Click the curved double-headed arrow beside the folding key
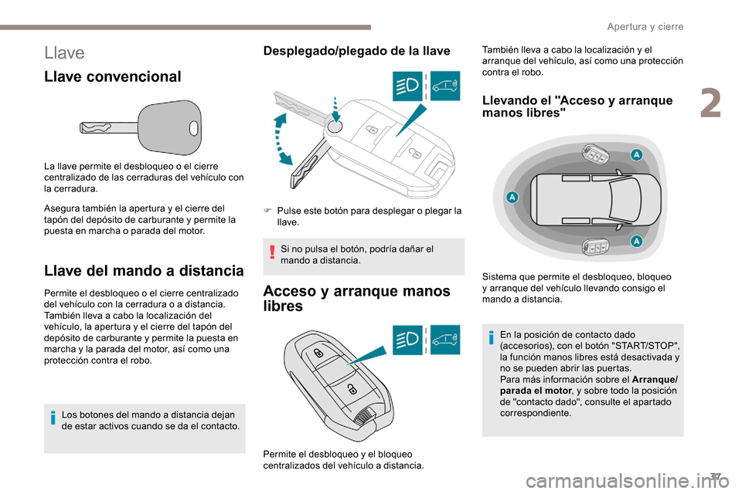pyautogui.click(x=283, y=139)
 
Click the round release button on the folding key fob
pyautogui.click(x=333, y=127)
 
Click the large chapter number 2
pyautogui.click(x=711, y=105)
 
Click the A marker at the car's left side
pyautogui.click(x=512, y=198)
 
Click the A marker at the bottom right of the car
pyautogui.click(x=635, y=241)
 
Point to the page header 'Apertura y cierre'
pyautogui.click(x=645, y=26)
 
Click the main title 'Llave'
pyautogui.click(x=65, y=52)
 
